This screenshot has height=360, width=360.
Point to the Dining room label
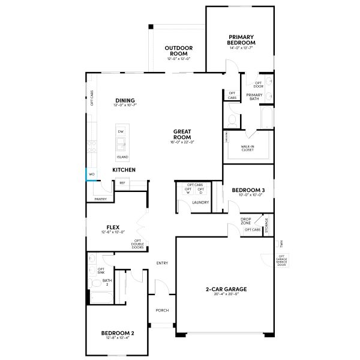[125, 101]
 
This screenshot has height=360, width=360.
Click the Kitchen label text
[124, 170]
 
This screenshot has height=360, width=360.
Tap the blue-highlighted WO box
[91, 175]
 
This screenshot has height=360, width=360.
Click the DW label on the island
[121, 131]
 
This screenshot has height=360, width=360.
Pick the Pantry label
[100, 199]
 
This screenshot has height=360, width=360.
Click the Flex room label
[113, 227]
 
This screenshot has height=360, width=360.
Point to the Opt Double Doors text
[137, 244]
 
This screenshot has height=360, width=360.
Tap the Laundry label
[200, 202]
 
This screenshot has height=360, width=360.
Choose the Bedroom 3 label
[248, 191]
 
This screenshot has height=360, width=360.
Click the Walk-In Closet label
[247, 148]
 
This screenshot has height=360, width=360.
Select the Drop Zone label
[246, 221]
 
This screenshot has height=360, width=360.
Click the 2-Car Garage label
[226, 289]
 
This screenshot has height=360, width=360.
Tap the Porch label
[162, 310]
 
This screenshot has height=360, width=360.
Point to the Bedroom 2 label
[117, 333]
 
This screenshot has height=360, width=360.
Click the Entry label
[162, 263]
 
